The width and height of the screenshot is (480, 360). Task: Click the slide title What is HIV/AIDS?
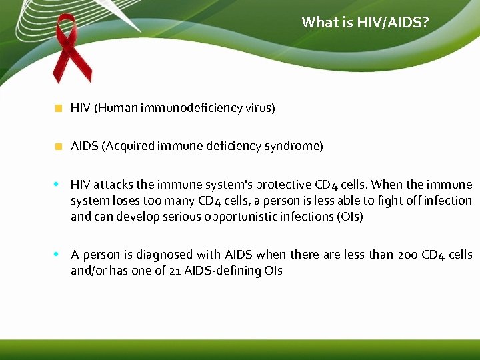point(365,23)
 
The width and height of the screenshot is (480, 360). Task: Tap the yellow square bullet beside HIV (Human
point(59,108)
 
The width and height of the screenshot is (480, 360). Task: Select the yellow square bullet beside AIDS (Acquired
point(59,146)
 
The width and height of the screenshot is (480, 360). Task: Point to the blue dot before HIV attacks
point(57,183)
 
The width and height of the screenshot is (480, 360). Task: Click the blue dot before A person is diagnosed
point(57,253)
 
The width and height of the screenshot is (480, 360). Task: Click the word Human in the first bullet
point(117,108)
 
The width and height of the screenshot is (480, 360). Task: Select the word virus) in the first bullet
point(260,108)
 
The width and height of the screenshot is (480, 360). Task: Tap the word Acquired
point(129,146)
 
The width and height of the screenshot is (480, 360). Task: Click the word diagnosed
point(191,255)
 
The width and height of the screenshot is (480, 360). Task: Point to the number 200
point(407,255)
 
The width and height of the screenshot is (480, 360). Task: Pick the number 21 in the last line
point(173,271)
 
